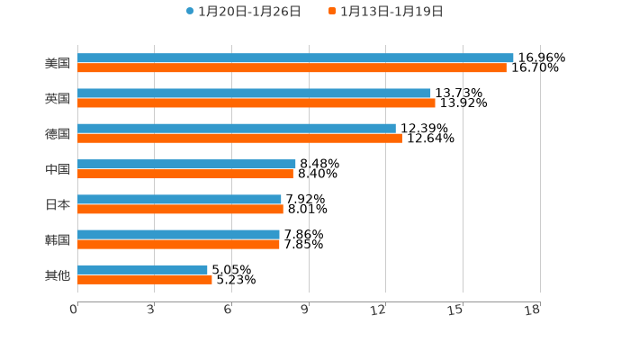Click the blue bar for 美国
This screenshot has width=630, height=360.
295,58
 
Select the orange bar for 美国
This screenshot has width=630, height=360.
292,67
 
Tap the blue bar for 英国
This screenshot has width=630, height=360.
254,93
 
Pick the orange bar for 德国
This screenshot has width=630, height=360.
239,139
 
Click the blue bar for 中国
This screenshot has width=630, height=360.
186,164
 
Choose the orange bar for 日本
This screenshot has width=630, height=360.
180,209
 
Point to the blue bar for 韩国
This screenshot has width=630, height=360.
178,234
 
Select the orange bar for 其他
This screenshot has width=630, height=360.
145,279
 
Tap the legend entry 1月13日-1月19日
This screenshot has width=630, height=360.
391,12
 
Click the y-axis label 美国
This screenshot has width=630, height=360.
58,63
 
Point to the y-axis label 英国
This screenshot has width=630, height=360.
58,98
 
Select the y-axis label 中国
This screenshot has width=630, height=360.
58,169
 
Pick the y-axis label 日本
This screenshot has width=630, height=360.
58,204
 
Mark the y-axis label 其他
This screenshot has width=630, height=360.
58,274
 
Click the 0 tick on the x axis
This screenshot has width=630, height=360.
75,310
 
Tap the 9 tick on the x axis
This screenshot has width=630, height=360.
306,310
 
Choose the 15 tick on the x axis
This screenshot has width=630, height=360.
455,310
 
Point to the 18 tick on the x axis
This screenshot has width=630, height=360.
533,310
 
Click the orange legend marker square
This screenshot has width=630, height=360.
332,12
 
